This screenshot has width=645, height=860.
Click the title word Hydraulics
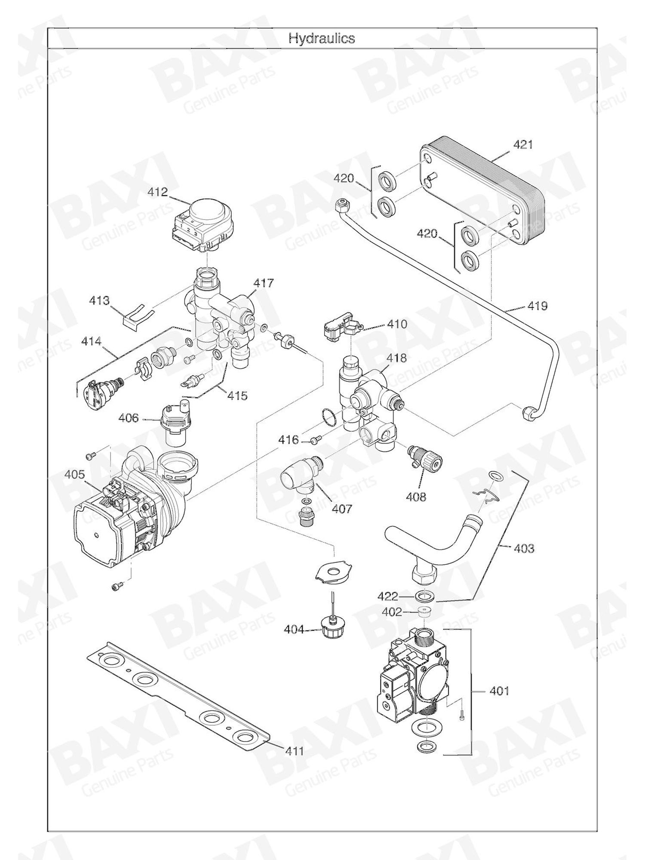[322, 39]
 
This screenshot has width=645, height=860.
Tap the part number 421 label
[523, 145]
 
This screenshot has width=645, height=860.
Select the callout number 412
[157, 192]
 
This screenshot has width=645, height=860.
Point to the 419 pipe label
[537, 306]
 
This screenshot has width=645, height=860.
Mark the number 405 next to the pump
[75, 474]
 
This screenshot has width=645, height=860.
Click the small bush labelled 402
[424, 612]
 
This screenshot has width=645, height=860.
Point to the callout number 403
[524, 548]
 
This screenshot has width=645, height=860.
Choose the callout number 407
[342, 509]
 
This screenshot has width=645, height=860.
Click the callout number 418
[396, 358]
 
